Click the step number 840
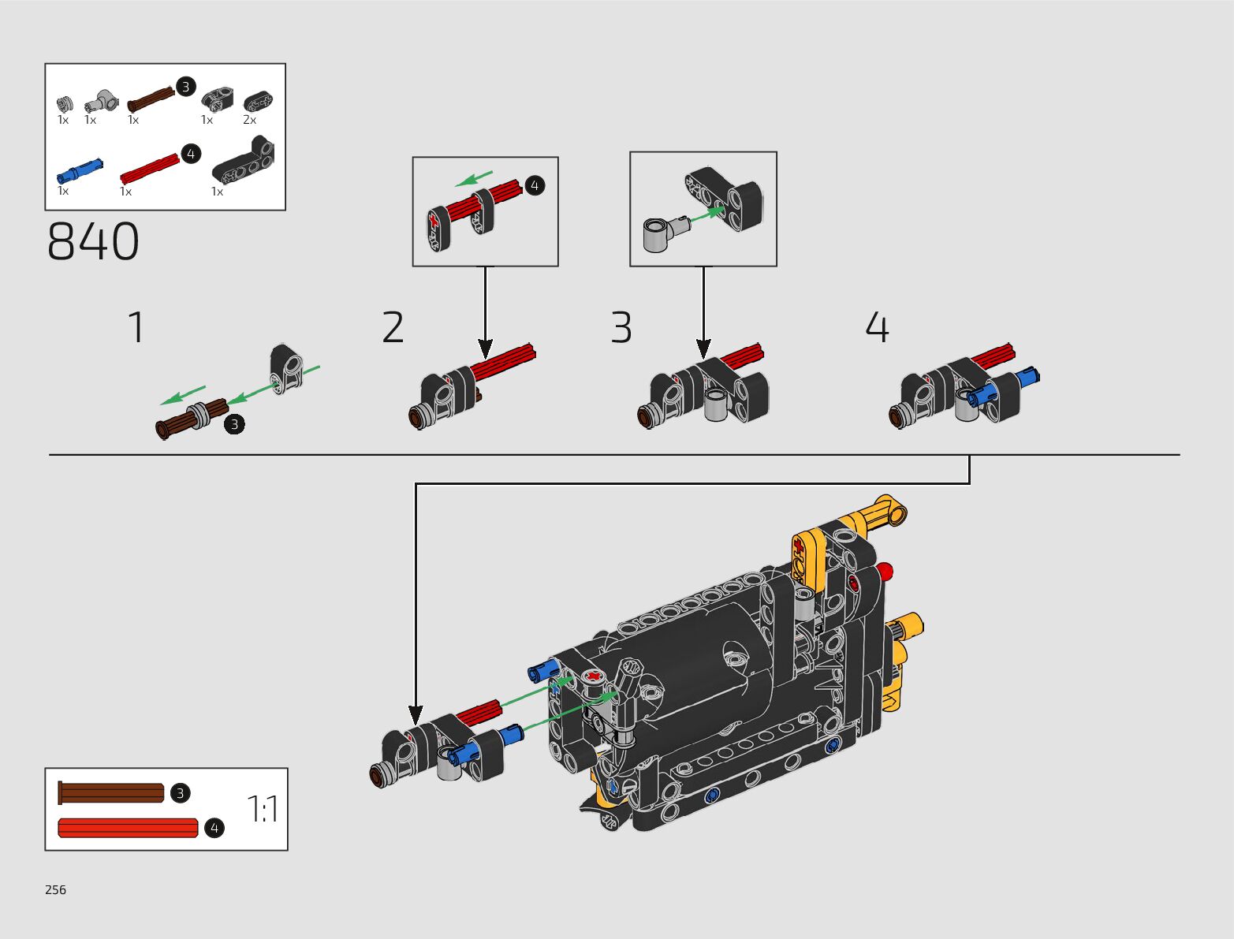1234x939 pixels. pyautogui.click(x=93, y=241)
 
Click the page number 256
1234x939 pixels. pyautogui.click(x=56, y=889)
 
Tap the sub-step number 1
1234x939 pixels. pyautogui.click(x=136, y=326)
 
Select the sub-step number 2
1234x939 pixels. pyautogui.click(x=393, y=326)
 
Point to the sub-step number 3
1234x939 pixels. pyautogui.click(x=621, y=326)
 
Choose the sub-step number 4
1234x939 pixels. pyautogui.click(x=877, y=326)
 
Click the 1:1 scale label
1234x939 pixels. pyautogui.click(x=263, y=809)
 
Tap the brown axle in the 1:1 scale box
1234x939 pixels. pyautogui.click(x=110, y=793)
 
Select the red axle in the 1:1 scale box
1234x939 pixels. pyautogui.click(x=129, y=828)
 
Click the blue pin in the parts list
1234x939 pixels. pyautogui.click(x=80, y=171)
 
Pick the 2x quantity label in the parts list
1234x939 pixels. pyautogui.click(x=250, y=120)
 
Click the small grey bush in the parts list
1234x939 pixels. pyautogui.click(x=65, y=104)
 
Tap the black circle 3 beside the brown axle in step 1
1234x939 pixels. pyautogui.click(x=234, y=424)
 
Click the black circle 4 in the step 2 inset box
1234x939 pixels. pyautogui.click(x=535, y=185)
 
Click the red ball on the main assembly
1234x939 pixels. pyautogui.click(x=885, y=572)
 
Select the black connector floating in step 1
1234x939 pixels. pyautogui.click(x=286, y=369)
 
